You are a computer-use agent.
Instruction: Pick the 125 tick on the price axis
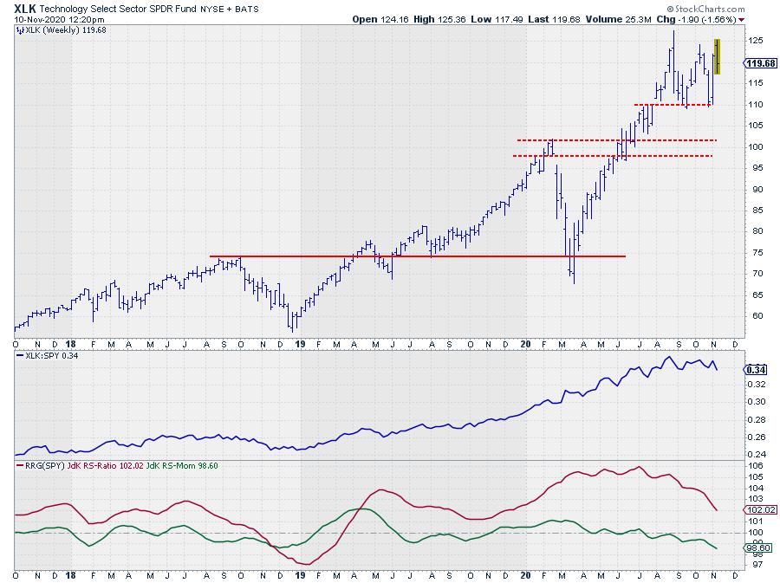tap(755, 41)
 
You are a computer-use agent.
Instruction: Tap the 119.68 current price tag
tap(760, 63)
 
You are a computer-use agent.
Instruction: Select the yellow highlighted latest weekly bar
tap(717, 56)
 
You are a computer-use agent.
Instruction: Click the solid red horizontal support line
tap(416, 256)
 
